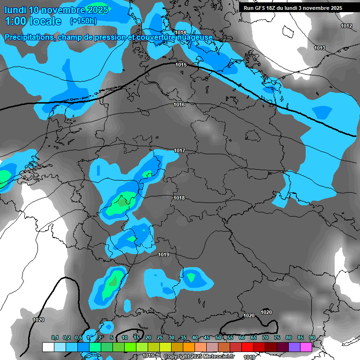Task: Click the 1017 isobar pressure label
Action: click(x=180, y=150)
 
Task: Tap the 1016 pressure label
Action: click(x=179, y=105)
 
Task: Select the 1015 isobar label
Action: click(x=181, y=65)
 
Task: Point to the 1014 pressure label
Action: click(x=180, y=32)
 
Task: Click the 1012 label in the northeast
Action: click(x=346, y=26)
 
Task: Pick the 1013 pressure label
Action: click(x=320, y=48)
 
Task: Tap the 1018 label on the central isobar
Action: click(x=179, y=198)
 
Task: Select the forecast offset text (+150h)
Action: click(x=83, y=21)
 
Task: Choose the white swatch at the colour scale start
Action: click(x=48, y=347)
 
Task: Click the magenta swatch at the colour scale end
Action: click(x=306, y=347)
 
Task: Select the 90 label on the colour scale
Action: click(x=312, y=338)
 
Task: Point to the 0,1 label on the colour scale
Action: click(x=55, y=338)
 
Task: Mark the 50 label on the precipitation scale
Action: click(x=218, y=338)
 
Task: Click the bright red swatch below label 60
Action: click(x=247, y=347)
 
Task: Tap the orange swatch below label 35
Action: click(x=189, y=347)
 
